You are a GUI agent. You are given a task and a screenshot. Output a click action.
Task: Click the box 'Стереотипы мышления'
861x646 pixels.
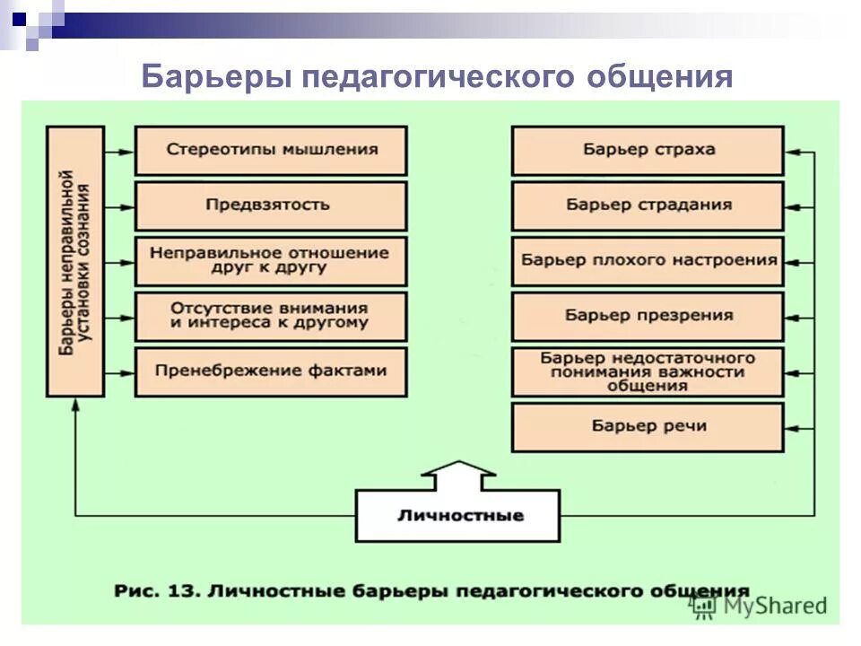tap(271, 150)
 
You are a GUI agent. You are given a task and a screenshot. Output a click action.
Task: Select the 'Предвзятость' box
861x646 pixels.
tap(271, 205)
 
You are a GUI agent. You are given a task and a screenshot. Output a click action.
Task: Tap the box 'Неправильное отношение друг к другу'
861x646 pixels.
tap(271, 261)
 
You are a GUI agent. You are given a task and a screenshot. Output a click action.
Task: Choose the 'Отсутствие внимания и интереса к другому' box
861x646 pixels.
tap(271, 316)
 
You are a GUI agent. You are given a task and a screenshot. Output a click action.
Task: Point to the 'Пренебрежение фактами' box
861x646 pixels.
tap(271, 371)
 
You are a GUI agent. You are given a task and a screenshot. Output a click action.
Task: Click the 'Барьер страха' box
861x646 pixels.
tap(648, 150)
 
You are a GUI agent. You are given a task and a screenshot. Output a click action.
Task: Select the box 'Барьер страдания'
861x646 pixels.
tap(648, 205)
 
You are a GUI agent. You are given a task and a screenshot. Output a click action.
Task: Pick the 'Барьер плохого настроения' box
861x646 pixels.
tap(648, 261)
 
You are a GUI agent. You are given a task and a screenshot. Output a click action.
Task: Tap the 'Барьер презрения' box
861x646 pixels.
tap(648, 316)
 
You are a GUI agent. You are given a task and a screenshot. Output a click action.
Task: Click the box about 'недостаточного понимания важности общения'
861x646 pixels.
tap(648, 371)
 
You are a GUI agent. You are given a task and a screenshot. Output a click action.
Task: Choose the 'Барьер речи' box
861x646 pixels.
tap(648, 427)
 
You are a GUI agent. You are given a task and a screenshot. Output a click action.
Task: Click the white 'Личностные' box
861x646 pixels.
tap(457, 516)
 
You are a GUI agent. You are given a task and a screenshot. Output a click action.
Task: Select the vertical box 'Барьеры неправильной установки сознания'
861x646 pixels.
tap(75, 261)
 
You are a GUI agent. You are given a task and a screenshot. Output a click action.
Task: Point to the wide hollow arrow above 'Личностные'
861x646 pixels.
tap(457, 475)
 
